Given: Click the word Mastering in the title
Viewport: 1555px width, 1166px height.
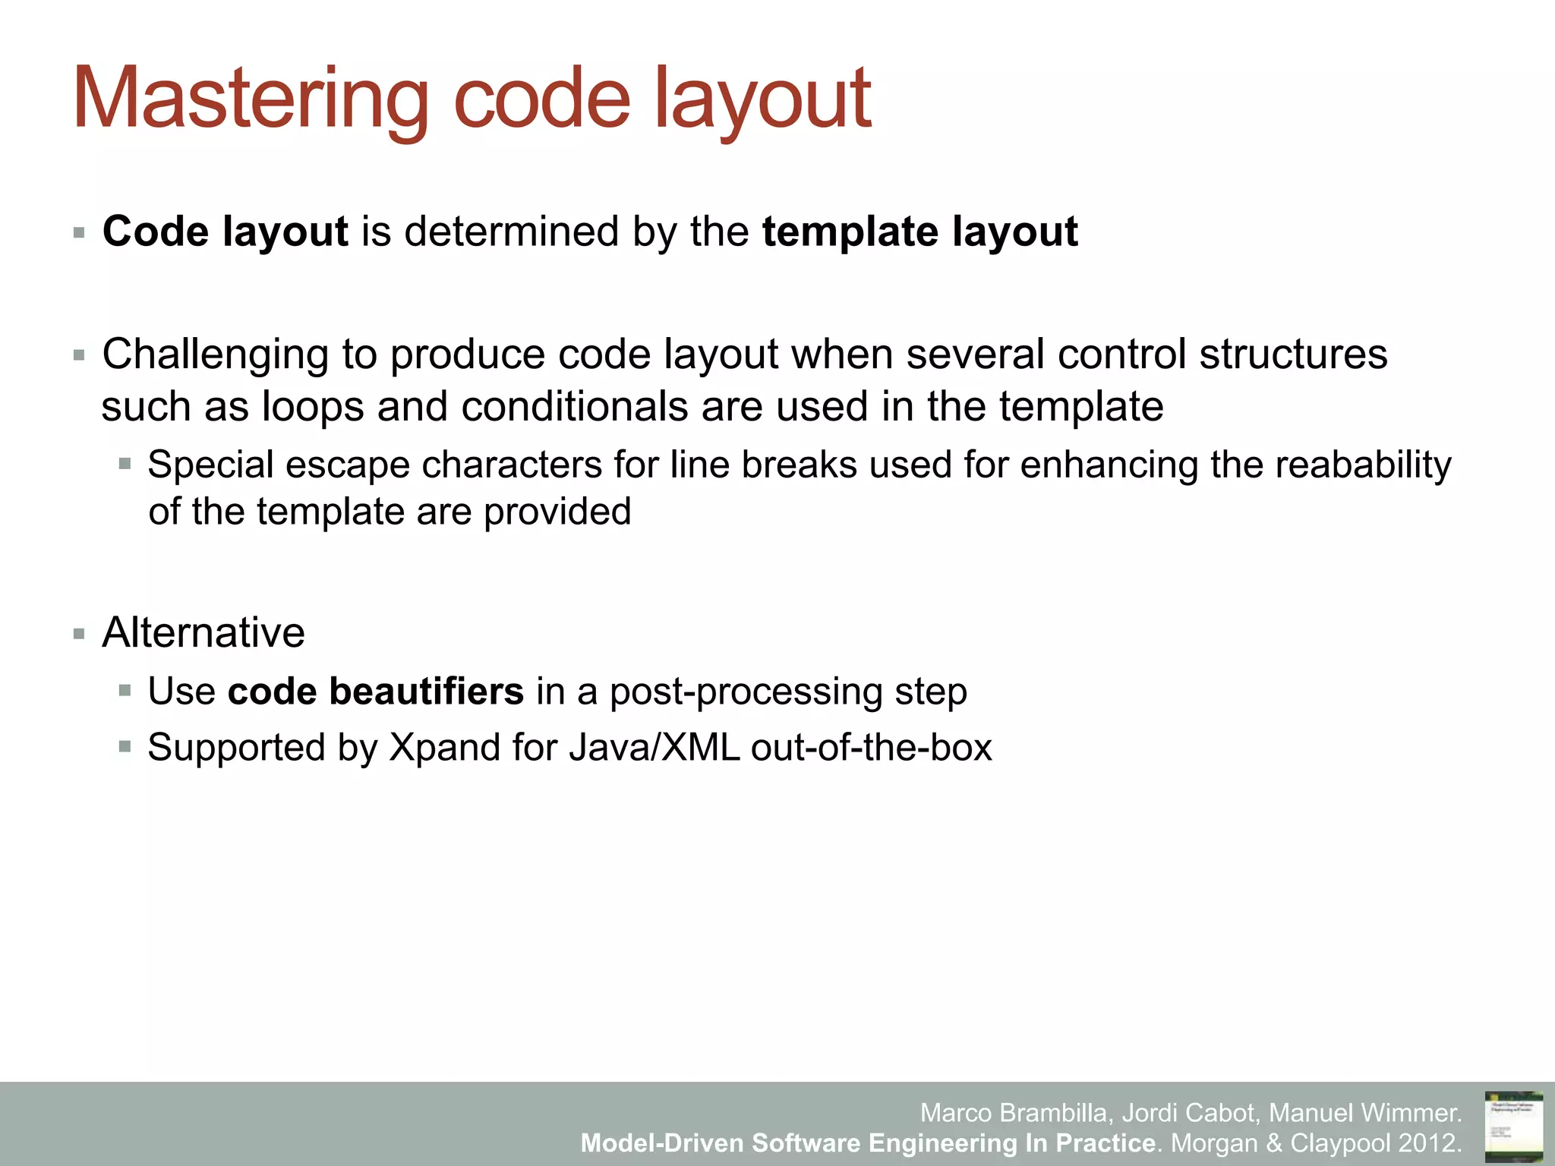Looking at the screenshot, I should coord(251,99).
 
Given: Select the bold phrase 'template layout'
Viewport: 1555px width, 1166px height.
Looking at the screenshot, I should coord(919,232).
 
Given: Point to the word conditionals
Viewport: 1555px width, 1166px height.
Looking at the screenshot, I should coord(574,407).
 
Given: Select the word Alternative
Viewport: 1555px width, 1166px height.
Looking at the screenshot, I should coord(203,632).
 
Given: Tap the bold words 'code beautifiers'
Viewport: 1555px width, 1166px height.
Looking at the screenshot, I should coord(375,692).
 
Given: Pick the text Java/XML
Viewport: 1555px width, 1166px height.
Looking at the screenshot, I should coord(654,748).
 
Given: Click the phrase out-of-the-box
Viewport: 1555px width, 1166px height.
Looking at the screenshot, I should coord(871,748).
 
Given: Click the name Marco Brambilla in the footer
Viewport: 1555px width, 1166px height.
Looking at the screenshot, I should coord(1016,1113).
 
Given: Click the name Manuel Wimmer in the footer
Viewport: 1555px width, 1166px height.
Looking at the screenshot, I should coord(1364,1113).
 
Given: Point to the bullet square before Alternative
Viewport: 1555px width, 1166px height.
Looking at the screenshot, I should coord(79,634).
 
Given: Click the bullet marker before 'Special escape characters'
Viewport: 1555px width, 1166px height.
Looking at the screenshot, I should coord(125,463).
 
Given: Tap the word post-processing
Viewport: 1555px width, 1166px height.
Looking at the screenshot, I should coord(746,692).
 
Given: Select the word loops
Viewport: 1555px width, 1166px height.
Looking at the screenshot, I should coord(313,407).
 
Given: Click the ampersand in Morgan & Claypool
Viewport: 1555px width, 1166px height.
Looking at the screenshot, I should coord(1275,1142).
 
